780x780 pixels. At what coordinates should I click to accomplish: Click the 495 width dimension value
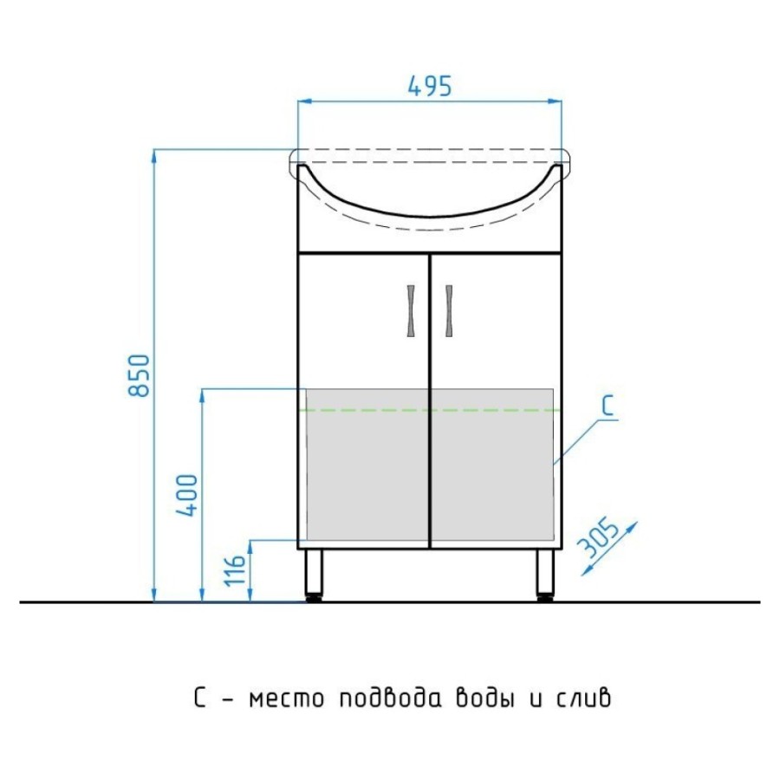430,86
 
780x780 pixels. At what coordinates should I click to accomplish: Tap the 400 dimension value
188,495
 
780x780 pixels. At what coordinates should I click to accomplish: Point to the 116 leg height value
236,569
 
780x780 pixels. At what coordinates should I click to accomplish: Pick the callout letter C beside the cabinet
608,405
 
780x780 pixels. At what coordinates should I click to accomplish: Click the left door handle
411,311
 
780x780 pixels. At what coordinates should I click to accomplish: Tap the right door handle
449,311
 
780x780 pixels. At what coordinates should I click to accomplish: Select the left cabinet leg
314,575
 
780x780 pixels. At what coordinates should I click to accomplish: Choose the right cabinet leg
545,575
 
